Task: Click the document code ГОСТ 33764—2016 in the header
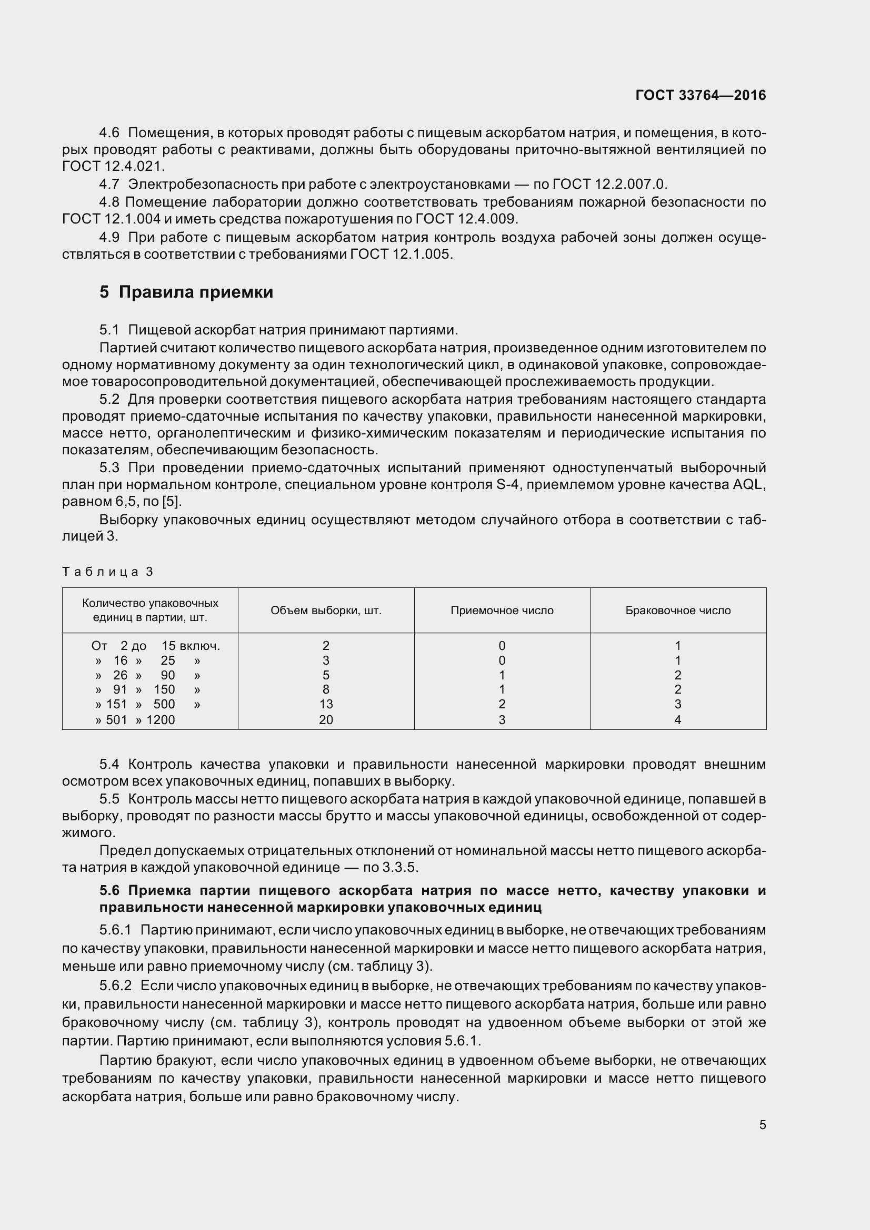(700, 95)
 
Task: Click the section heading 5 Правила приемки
(186, 292)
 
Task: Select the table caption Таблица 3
(108, 572)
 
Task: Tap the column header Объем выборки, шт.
(326, 610)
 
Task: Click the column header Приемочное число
(502, 610)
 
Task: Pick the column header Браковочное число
(677, 610)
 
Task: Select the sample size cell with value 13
(326, 704)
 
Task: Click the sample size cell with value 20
(326, 719)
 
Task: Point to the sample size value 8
(326, 689)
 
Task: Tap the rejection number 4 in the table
(677, 719)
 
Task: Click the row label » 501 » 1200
(135, 719)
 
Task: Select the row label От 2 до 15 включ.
(155, 646)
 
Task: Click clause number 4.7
(109, 184)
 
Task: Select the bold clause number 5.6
(109, 890)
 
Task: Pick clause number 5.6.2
(115, 985)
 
